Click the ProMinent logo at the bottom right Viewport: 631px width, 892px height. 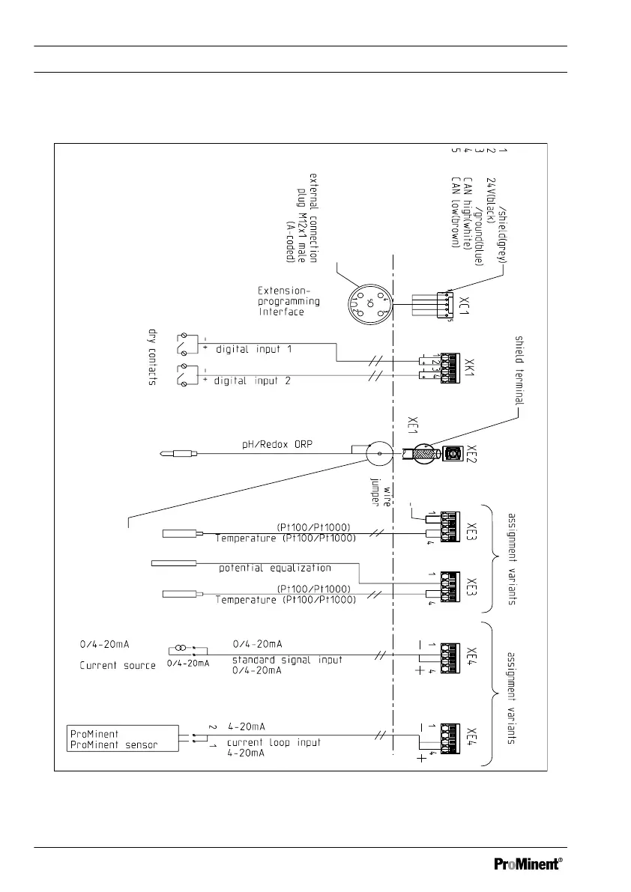528,863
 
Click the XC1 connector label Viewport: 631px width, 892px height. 465,305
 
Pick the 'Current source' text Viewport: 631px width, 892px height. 118,665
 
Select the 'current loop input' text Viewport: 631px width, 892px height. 276,742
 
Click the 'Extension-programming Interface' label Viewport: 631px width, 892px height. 289,301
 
